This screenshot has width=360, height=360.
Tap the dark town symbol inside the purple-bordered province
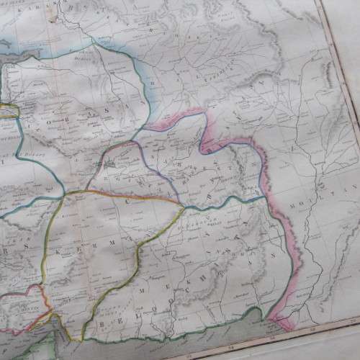click(108, 164)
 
